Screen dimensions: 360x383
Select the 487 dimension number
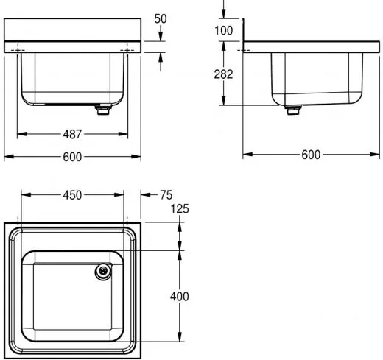pyautogui.click(x=71, y=134)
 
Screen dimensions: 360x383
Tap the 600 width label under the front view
pyautogui.click(x=71, y=156)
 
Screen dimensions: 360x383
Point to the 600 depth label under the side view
pyautogui.click(x=311, y=155)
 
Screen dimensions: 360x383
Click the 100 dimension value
pyautogui.click(x=224, y=30)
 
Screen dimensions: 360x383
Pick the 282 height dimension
pyautogui.click(x=224, y=74)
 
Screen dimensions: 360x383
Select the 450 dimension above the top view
pyautogui.click(x=71, y=195)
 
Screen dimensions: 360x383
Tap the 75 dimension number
pyautogui.click(x=166, y=195)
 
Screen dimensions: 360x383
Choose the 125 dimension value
pyautogui.click(x=180, y=210)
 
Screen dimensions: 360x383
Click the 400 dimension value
pyautogui.click(x=179, y=296)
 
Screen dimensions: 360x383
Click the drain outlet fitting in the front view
pyautogui.click(x=102, y=110)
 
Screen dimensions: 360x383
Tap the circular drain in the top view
pyautogui.click(x=102, y=272)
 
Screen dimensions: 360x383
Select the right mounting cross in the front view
pyautogui.click(x=127, y=49)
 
